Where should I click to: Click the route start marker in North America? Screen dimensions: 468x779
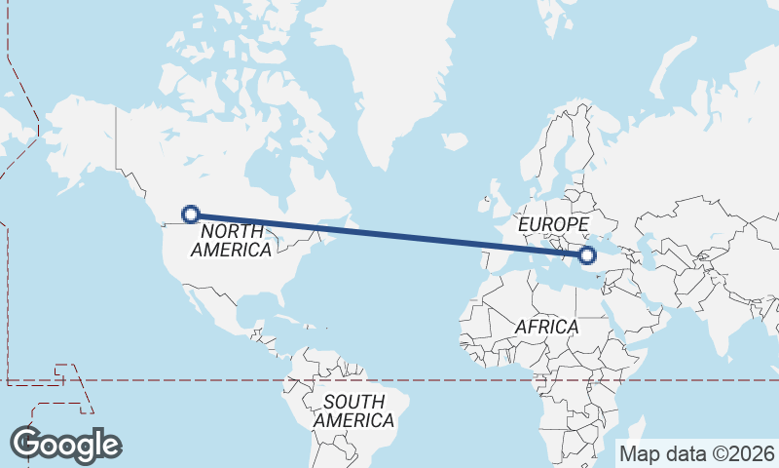point(192,214)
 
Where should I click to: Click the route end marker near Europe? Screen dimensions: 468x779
point(586,255)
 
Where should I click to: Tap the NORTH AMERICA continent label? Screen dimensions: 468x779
point(232,241)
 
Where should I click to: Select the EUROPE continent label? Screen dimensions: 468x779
point(553,225)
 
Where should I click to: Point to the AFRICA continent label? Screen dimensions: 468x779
point(546,327)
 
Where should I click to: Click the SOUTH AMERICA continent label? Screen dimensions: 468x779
point(353,411)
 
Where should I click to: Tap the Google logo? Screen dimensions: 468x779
point(65,445)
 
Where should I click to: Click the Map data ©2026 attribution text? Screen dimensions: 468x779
point(697,453)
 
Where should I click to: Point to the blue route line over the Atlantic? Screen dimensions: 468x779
point(389,235)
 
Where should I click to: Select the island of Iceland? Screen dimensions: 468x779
point(454,142)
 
